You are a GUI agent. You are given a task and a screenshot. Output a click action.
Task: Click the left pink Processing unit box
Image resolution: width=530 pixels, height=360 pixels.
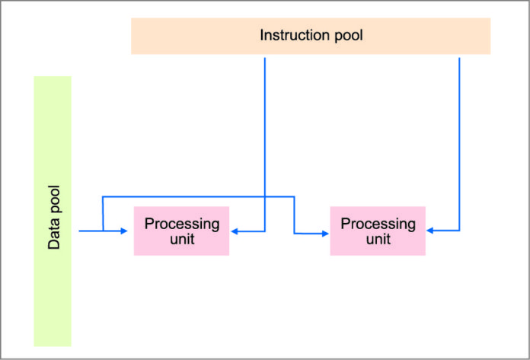click(181, 231)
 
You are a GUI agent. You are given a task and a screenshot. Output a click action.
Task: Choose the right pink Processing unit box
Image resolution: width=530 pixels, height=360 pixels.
click(377, 231)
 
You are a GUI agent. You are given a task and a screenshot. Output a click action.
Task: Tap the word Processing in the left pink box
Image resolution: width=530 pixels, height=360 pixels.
click(182, 224)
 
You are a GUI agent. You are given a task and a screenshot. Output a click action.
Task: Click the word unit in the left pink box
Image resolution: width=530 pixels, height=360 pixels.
click(182, 239)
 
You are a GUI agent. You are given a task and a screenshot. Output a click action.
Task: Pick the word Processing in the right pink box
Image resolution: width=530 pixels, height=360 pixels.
click(378, 224)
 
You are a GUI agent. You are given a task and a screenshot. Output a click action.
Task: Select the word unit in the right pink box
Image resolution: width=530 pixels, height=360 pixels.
click(378, 238)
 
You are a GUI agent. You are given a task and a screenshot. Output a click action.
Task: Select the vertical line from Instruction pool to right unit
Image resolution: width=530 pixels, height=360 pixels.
click(460, 137)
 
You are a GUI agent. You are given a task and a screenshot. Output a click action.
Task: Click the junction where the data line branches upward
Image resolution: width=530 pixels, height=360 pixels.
click(102, 230)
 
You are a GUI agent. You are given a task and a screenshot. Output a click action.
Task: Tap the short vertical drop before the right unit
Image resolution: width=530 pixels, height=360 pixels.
click(294, 215)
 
